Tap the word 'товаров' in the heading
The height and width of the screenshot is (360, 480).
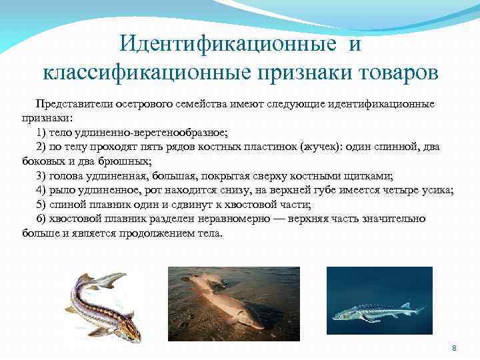click(x=389, y=71)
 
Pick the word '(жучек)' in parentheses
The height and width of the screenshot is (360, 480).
click(x=325, y=147)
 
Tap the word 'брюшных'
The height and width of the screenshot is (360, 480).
click(x=129, y=161)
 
